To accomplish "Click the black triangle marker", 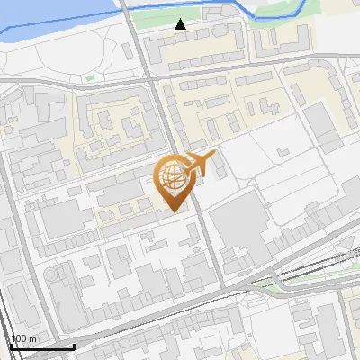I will tap(181, 24).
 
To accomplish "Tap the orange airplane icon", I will tap(200, 163).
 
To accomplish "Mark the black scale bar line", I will tap(41, 346).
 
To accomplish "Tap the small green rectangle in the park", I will tap(90, 78).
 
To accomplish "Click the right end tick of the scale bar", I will tap(74, 345).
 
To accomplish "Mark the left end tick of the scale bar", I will tap(10, 345).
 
